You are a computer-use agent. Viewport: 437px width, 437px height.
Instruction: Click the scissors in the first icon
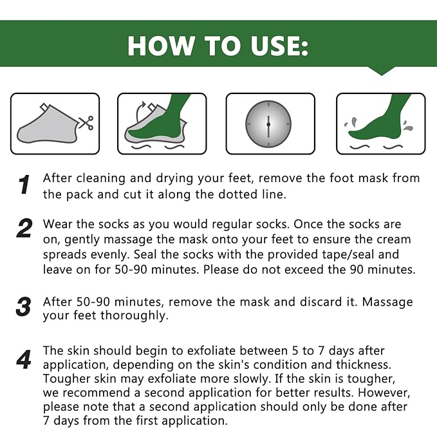tap(84, 122)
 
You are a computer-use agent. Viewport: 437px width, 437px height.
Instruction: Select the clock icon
tap(268, 124)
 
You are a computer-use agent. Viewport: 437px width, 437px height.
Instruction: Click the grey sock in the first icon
tap(45, 127)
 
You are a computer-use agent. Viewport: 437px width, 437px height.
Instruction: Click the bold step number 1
tap(24, 185)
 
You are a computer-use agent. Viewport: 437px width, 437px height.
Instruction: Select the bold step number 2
tap(24, 228)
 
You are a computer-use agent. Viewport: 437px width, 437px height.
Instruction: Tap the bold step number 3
tap(24, 307)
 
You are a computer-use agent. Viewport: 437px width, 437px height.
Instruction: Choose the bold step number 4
tap(24, 360)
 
